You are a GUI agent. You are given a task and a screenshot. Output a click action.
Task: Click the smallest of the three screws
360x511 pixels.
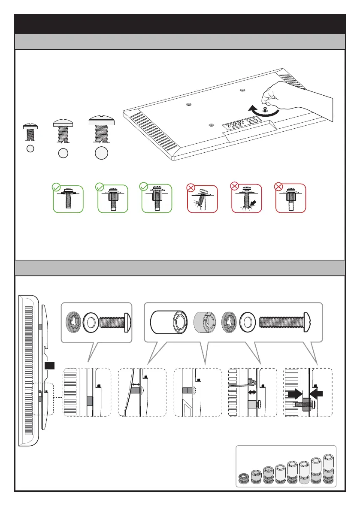29,133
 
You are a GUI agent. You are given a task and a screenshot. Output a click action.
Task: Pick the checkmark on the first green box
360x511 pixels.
55,187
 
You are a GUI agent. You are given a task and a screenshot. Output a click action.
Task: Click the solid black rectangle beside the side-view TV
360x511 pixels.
50,366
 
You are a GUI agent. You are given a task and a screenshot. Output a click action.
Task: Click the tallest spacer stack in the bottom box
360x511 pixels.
328,469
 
